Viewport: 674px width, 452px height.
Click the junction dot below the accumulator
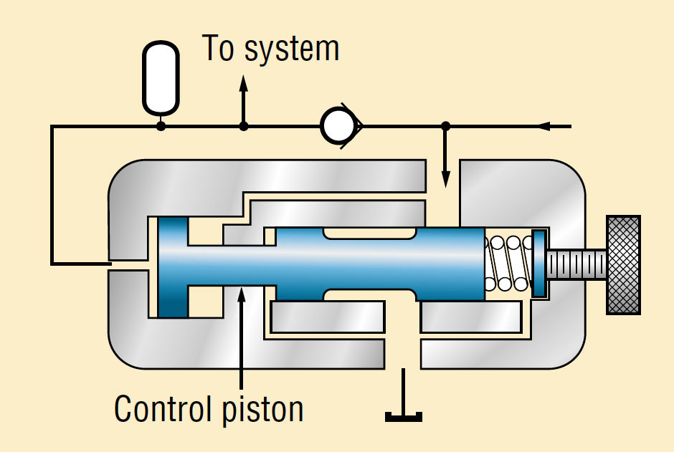click(x=161, y=126)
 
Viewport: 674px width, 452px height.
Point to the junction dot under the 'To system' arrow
click(x=244, y=126)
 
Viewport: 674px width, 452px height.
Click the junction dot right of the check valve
click(x=445, y=126)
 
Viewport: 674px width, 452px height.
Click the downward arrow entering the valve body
click(x=445, y=179)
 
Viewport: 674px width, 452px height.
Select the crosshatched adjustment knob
click(x=622, y=264)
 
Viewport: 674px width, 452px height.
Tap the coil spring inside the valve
click(x=508, y=264)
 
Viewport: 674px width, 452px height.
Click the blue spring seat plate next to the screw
click(x=539, y=264)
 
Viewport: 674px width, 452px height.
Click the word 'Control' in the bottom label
click(x=159, y=409)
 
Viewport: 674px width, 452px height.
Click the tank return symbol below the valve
click(x=403, y=414)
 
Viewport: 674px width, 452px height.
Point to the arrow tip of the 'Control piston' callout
click(x=242, y=288)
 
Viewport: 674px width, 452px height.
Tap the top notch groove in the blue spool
click(x=369, y=234)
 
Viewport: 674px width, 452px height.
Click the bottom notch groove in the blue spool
click(x=369, y=295)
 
